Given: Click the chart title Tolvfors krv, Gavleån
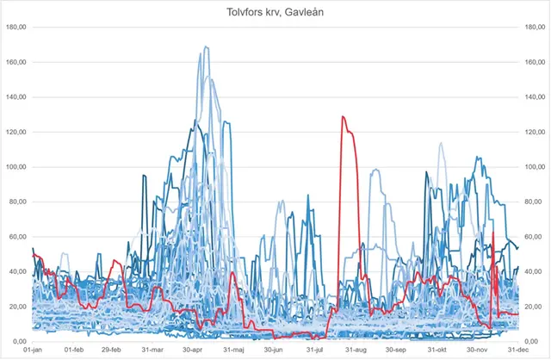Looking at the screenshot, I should click(x=275, y=9).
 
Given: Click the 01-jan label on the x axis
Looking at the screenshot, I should click(x=33, y=351).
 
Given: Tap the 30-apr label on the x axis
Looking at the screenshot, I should click(x=193, y=351).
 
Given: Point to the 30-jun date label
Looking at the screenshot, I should click(x=274, y=351).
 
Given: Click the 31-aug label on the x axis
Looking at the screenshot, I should click(x=355, y=351).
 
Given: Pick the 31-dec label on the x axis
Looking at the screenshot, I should click(x=516, y=351).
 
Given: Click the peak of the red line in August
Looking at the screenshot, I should click(x=343, y=116).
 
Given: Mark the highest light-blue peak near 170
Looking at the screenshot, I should click(x=206, y=47).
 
